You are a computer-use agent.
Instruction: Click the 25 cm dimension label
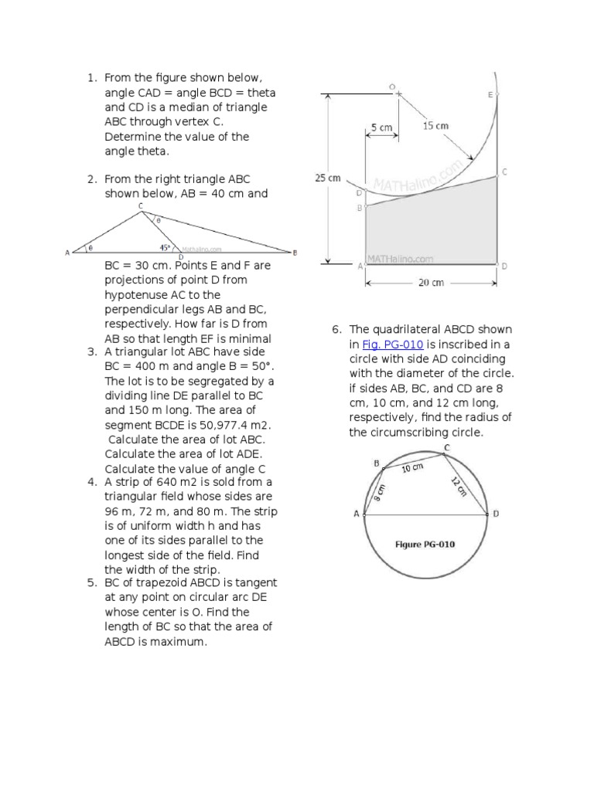[x=328, y=178]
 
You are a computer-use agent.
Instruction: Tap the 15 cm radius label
[x=435, y=124]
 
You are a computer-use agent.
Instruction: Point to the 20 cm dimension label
[x=431, y=283]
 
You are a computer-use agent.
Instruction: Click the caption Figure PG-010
[x=425, y=544]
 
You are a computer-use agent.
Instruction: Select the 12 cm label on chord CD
[x=459, y=487]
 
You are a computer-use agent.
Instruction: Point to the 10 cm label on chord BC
[x=413, y=468]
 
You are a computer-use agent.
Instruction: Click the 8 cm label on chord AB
[x=378, y=492]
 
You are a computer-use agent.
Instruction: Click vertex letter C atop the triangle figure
[x=140, y=205]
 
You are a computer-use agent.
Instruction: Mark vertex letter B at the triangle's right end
[x=295, y=253]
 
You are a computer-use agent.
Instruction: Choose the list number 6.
[x=336, y=329]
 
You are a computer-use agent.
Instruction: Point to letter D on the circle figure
[x=496, y=514]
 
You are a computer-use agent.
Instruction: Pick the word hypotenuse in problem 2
[x=137, y=295]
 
